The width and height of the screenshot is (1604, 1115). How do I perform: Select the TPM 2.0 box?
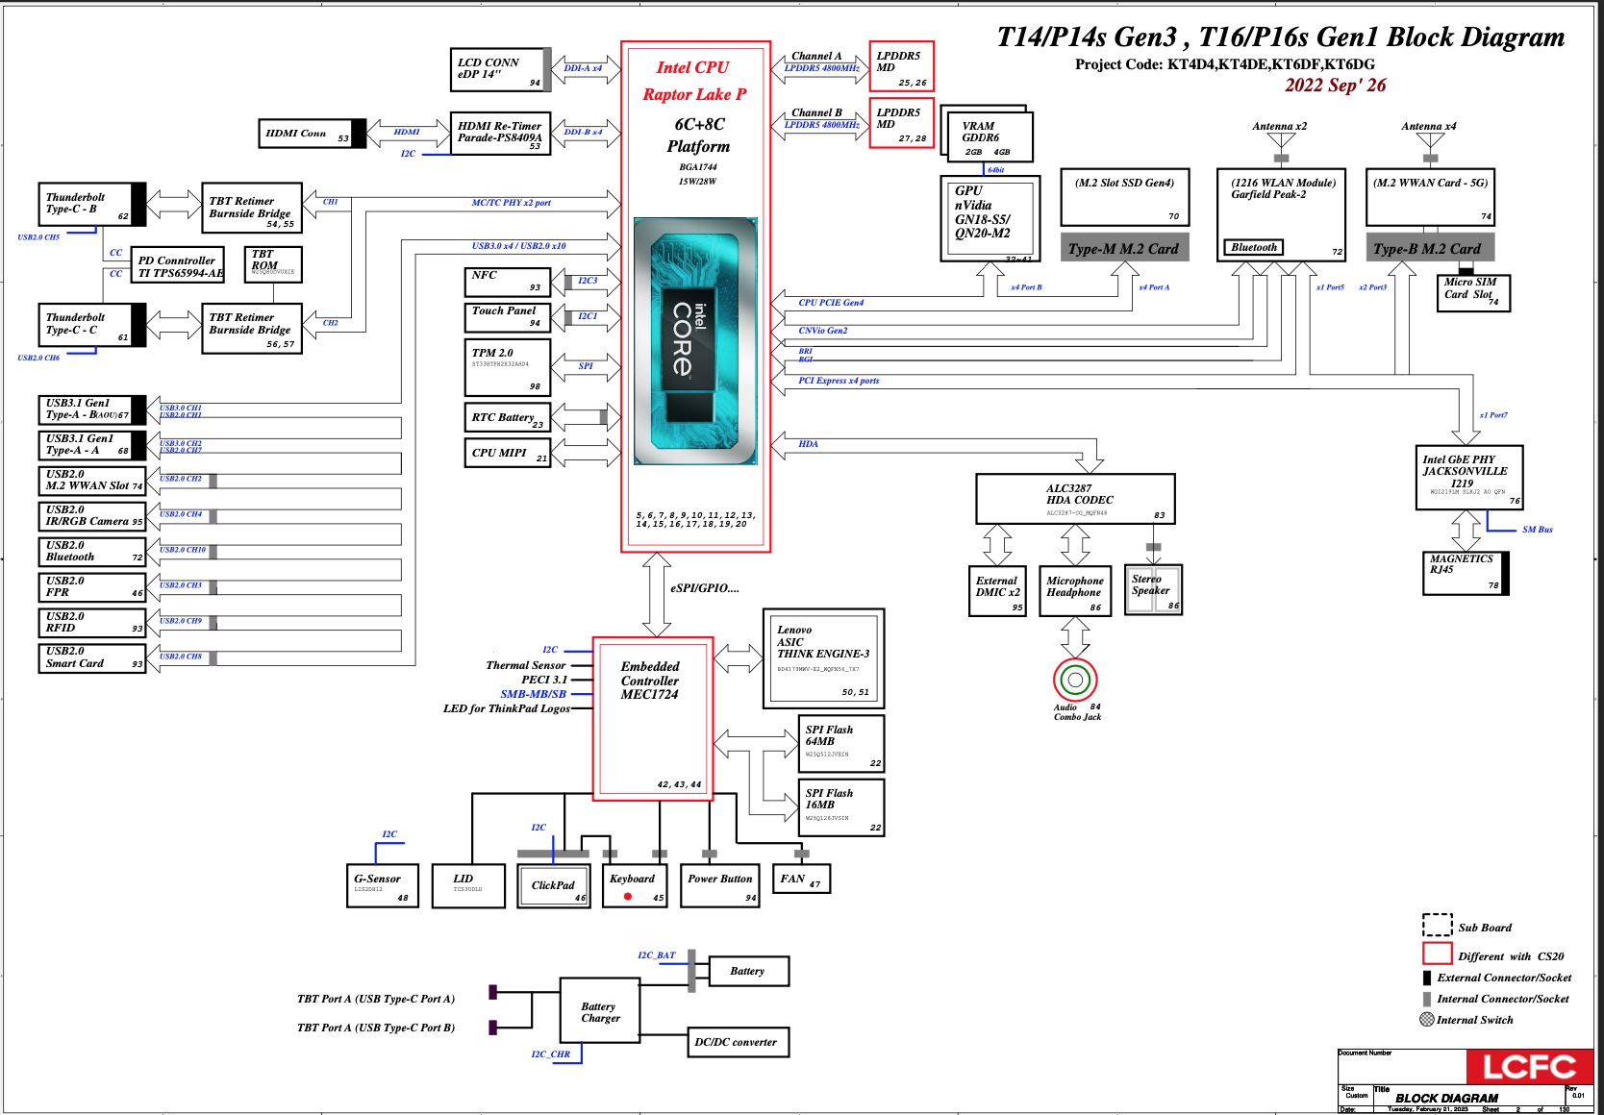point(507,367)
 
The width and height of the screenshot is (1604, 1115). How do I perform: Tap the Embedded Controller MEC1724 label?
point(650,681)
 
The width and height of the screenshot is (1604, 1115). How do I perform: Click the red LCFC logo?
point(1529,1067)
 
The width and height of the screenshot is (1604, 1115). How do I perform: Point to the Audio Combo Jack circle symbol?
point(1075,681)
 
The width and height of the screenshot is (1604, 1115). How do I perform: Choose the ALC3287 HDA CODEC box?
point(1075,498)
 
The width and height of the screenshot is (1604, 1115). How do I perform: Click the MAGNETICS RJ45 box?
point(1465,573)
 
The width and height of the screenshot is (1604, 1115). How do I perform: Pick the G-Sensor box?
point(382,885)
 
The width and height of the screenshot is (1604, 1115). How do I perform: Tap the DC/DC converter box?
point(737,1042)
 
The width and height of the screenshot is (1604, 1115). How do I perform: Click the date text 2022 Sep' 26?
point(1335,86)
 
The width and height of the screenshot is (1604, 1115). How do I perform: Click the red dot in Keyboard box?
point(627,897)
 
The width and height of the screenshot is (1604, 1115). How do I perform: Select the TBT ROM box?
point(273,264)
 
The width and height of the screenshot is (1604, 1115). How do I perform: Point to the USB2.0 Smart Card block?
point(91,658)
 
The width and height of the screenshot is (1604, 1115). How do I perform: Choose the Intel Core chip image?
point(694,341)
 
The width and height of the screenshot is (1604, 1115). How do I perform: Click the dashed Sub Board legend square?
point(1437,925)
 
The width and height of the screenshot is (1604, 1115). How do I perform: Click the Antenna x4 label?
point(1428,126)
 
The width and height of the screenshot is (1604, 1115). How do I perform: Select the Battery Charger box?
point(600,1011)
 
